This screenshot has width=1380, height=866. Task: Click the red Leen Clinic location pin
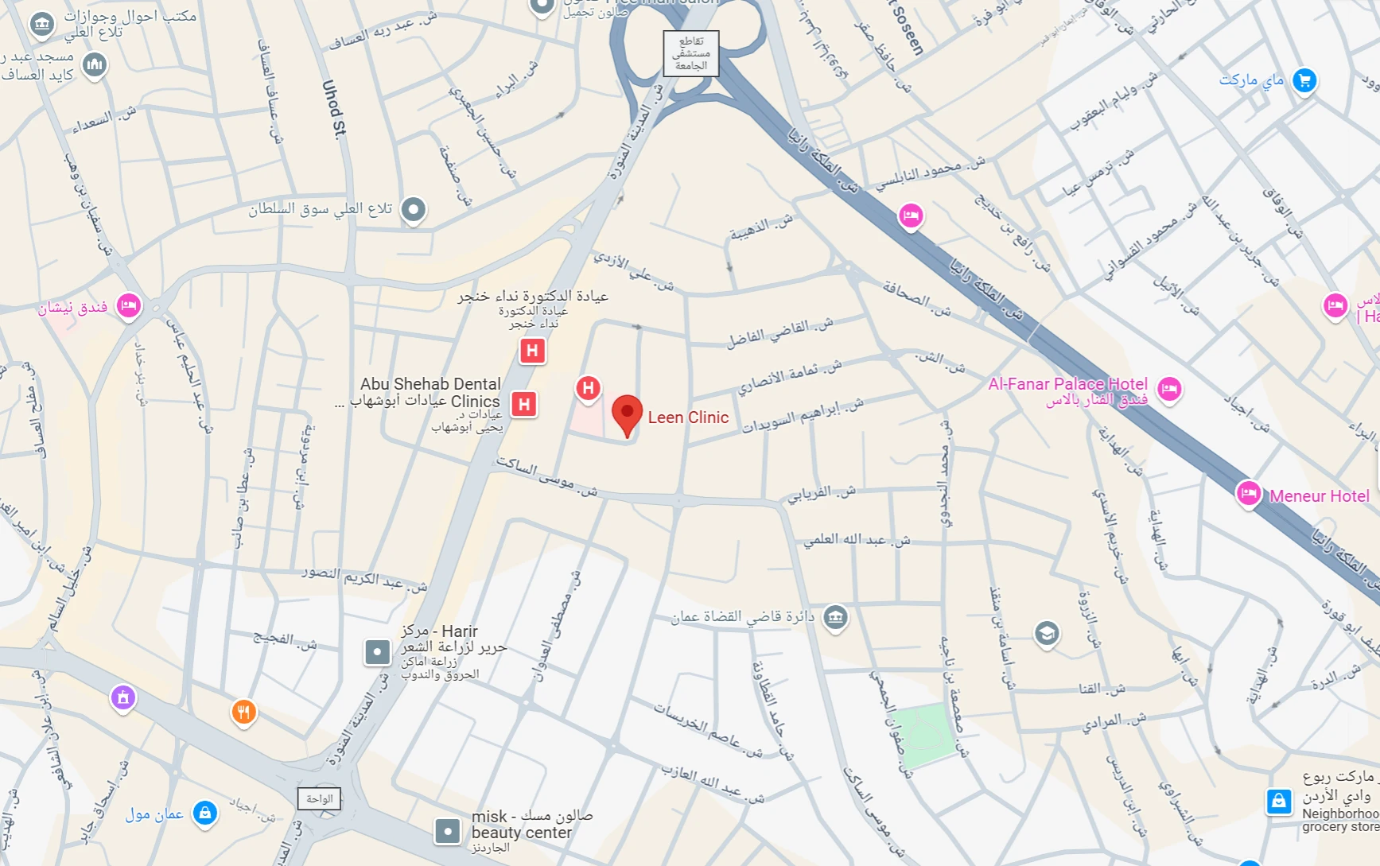point(627,414)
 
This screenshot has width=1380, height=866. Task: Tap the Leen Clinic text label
point(688,417)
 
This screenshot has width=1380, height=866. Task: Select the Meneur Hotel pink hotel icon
point(1248,494)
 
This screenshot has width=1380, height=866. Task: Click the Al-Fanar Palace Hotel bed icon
point(1168,389)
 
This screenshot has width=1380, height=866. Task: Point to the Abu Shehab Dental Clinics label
point(430,393)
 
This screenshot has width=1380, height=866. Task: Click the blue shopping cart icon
point(1304,80)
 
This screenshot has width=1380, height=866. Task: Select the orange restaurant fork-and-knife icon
point(243,712)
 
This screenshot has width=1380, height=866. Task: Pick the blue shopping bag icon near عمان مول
point(204,813)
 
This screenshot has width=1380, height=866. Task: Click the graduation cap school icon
point(1047,634)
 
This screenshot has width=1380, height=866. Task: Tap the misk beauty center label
point(522,825)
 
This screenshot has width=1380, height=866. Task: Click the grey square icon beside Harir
point(377,652)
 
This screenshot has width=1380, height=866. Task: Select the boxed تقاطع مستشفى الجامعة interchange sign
point(691,53)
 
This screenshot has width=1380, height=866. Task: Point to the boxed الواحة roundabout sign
point(319,798)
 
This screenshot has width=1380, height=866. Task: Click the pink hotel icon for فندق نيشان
point(128,305)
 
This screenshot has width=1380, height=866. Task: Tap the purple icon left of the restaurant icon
point(122,697)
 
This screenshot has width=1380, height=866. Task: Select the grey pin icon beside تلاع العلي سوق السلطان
point(413,209)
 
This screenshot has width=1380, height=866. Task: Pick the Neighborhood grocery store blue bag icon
point(1278,801)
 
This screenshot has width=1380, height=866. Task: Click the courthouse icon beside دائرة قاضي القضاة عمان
point(835,617)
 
